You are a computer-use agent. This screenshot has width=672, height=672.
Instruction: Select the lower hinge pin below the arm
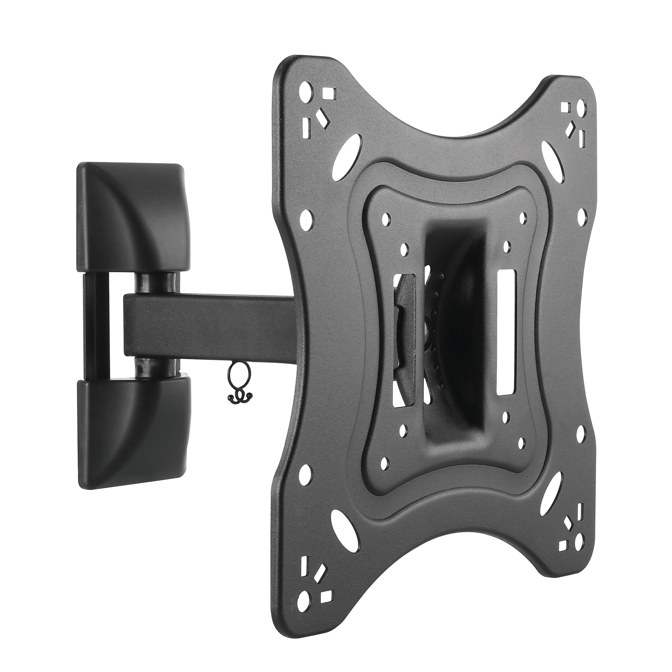tap(157, 369)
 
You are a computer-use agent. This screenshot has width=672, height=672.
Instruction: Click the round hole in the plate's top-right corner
tap(580, 106)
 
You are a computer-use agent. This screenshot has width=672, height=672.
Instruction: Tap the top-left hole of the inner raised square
tap(385, 219)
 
